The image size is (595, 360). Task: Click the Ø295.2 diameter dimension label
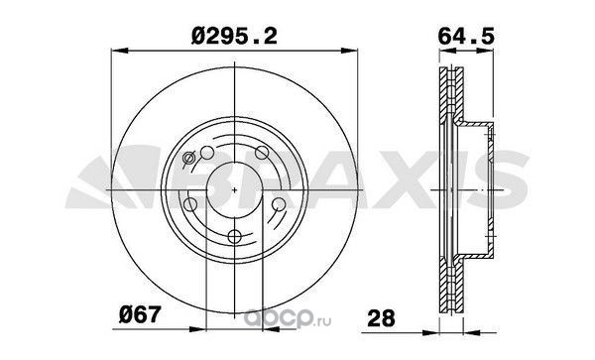pyautogui.click(x=234, y=37)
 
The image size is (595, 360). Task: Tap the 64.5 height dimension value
pyautogui.click(x=466, y=37)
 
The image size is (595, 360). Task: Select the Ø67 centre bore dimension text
pyautogui.click(x=140, y=314)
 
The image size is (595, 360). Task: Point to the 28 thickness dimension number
pyautogui.click(x=382, y=318)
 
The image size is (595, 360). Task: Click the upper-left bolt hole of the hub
pyautogui.click(x=207, y=153)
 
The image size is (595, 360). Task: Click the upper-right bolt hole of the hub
pyautogui.click(x=262, y=153)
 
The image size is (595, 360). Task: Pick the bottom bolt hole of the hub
pyautogui.click(x=235, y=237)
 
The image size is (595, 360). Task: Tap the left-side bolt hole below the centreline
pyautogui.click(x=190, y=205)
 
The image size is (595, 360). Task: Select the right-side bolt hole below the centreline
pyautogui.click(x=279, y=204)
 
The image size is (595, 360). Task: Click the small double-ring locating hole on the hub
pyautogui.click(x=188, y=157)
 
